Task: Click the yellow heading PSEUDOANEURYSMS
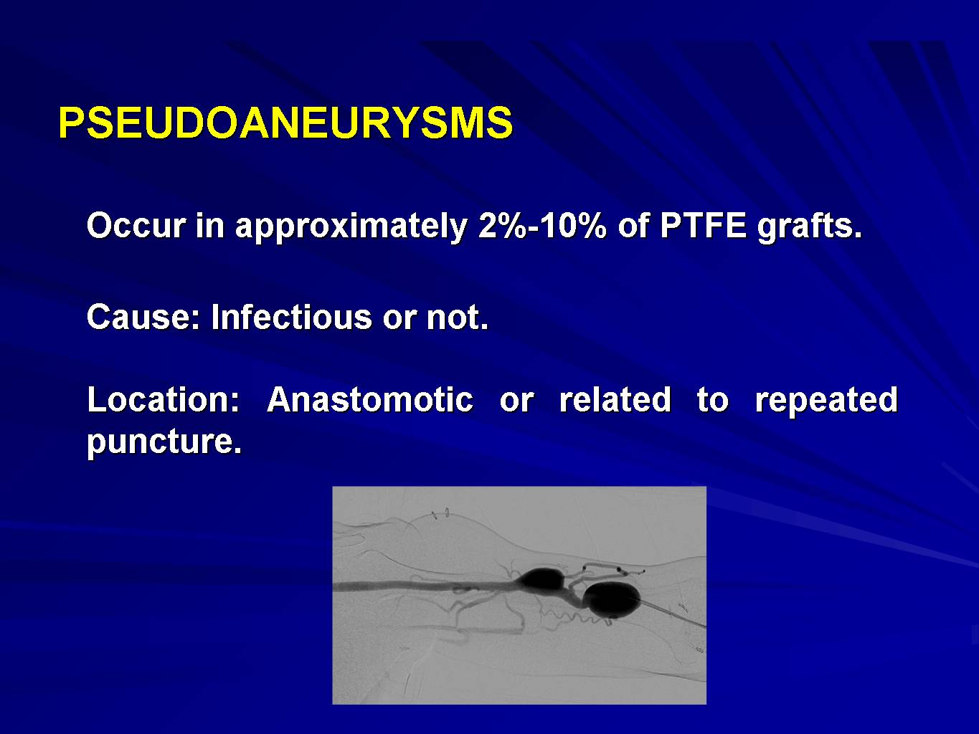[285, 123]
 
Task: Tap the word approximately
[351, 227]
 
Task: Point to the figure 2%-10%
[542, 226]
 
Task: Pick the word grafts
[810, 227]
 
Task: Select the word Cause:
[143, 316]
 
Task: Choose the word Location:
[164, 399]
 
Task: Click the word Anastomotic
[370, 399]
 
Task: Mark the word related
[615, 399]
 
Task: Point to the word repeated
[826, 401]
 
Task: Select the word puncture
[164, 442]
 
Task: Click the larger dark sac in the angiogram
[612, 599]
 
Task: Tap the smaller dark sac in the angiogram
[541, 579]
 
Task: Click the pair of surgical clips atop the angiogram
[440, 514]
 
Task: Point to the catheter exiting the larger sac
[673, 614]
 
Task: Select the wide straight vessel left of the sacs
[424, 586]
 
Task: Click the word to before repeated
[712, 399]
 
